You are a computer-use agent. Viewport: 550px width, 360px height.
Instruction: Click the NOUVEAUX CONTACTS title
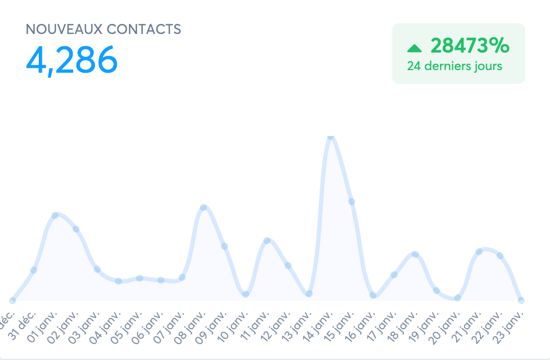point(104,29)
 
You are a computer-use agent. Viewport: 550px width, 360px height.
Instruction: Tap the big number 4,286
point(72,60)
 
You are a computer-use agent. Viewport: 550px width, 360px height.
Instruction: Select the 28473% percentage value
point(470,46)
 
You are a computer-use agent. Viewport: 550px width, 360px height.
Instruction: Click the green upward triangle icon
point(414,48)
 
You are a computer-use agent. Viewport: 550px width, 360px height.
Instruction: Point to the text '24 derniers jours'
point(454,66)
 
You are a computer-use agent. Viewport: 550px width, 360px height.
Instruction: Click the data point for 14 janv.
point(331,136)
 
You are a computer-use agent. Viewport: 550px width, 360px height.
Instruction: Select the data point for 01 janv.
point(55,215)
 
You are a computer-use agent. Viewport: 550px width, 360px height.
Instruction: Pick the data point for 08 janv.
point(203,207)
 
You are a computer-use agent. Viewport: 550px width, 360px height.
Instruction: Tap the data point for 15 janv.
point(351,201)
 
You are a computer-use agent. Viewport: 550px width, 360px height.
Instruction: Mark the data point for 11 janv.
point(267,241)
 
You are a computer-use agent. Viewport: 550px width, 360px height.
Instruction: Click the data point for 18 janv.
point(415,254)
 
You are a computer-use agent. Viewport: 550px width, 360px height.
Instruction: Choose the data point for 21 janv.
point(479,251)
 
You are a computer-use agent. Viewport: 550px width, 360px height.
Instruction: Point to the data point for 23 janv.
point(521,300)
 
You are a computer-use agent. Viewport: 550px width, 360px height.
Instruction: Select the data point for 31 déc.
point(33,270)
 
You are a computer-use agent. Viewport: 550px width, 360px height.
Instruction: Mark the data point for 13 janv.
point(309,293)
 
